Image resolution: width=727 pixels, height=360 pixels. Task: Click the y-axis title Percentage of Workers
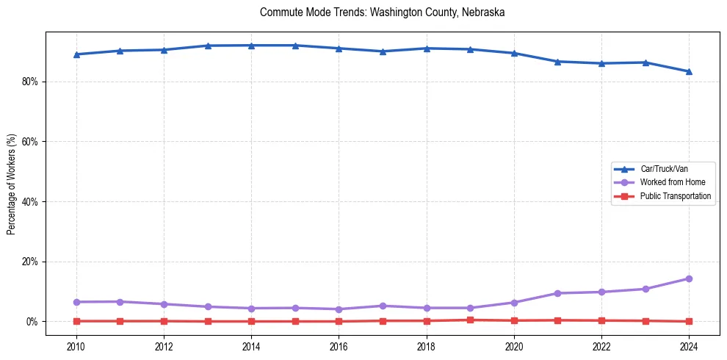click(11, 184)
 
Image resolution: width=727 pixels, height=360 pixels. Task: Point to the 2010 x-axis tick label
click(76, 346)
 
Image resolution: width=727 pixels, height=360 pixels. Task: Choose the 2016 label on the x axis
click(339, 346)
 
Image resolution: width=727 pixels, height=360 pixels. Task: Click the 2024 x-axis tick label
click(689, 346)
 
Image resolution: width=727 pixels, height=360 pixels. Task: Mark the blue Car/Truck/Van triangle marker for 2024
click(689, 71)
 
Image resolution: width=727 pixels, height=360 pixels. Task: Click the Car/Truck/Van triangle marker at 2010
click(76, 54)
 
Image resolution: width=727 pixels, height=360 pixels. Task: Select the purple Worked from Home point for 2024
click(689, 278)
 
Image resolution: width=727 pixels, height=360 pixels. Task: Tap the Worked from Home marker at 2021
click(557, 293)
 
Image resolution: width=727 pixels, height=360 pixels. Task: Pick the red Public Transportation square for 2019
click(470, 320)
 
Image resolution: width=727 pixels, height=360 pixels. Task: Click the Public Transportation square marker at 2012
click(164, 321)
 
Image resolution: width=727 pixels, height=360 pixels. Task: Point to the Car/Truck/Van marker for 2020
click(514, 53)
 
